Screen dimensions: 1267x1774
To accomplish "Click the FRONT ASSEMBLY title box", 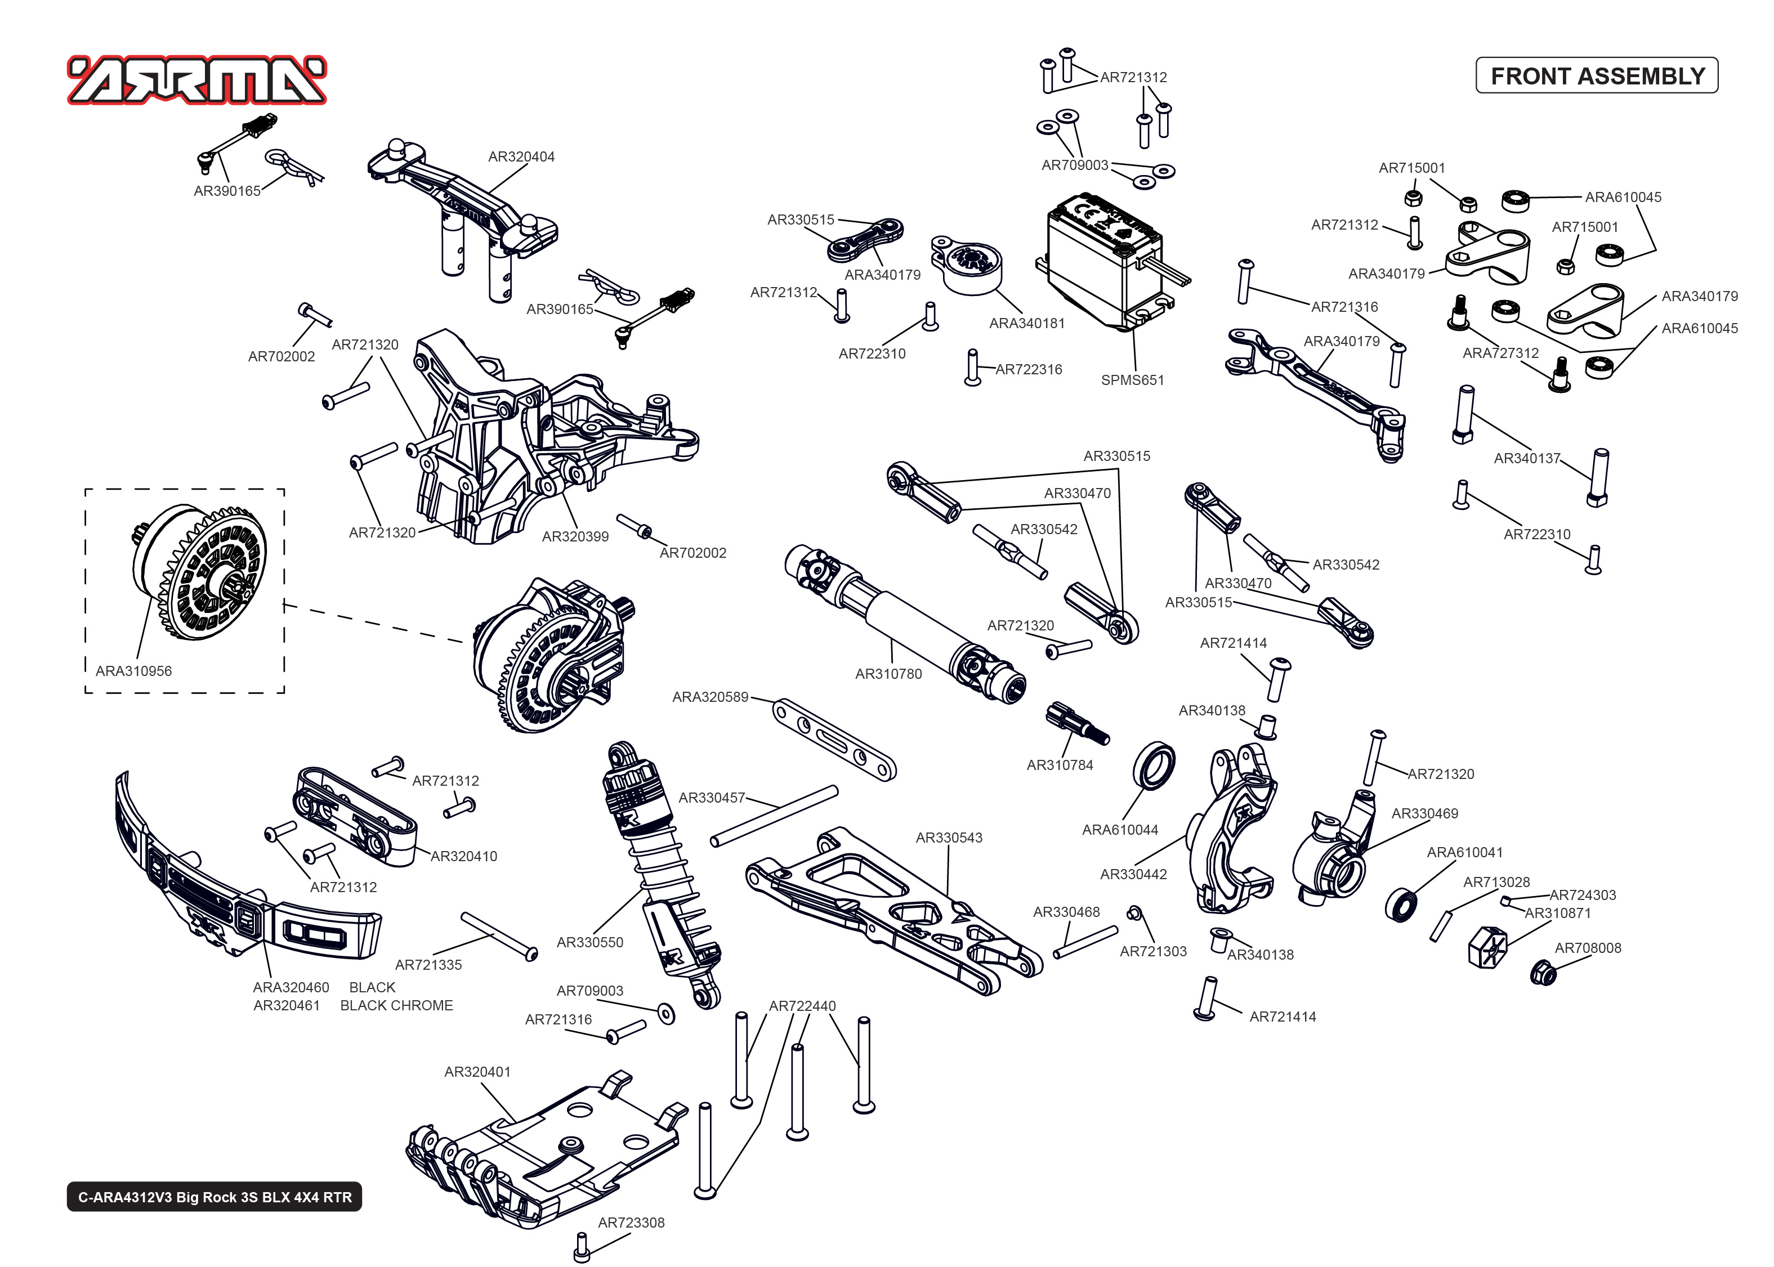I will [1596, 75].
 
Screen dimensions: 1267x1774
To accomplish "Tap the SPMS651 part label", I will [1132, 380].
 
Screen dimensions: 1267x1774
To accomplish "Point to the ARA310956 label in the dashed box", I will [133, 671].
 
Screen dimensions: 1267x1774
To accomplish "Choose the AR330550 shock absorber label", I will [590, 942].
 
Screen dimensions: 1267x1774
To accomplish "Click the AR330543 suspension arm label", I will [949, 838].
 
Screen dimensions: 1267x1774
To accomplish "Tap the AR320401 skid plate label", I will [477, 1072].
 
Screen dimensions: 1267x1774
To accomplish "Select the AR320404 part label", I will [521, 157].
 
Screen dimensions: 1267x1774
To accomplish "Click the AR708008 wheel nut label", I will [1588, 948].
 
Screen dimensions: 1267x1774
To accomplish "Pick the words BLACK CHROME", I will [396, 1006].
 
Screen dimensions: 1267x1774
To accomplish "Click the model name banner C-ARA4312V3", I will [215, 1197].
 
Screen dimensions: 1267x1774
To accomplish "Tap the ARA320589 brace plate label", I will [710, 697].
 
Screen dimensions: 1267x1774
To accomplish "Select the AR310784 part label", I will [1060, 765].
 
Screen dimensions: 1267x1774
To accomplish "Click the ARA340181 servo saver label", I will [1027, 324].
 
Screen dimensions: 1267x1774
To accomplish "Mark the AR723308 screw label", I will [631, 1223].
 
